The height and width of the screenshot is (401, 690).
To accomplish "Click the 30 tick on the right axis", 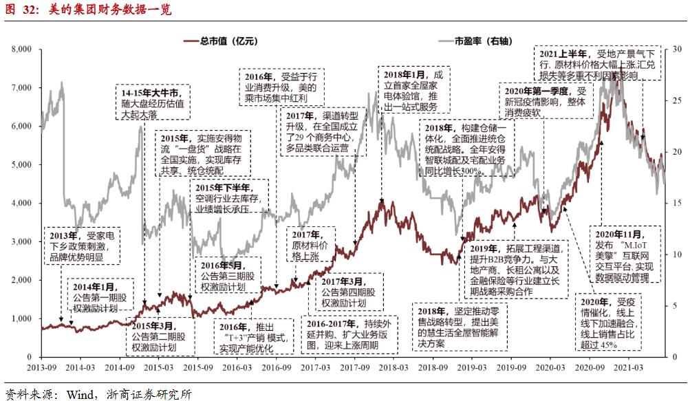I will tap(677, 50).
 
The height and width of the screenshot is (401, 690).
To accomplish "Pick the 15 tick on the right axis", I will tap(677, 204).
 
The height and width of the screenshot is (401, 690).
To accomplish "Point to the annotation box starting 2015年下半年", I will tap(230, 197).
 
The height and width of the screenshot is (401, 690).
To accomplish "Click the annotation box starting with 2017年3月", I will tap(348, 292).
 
